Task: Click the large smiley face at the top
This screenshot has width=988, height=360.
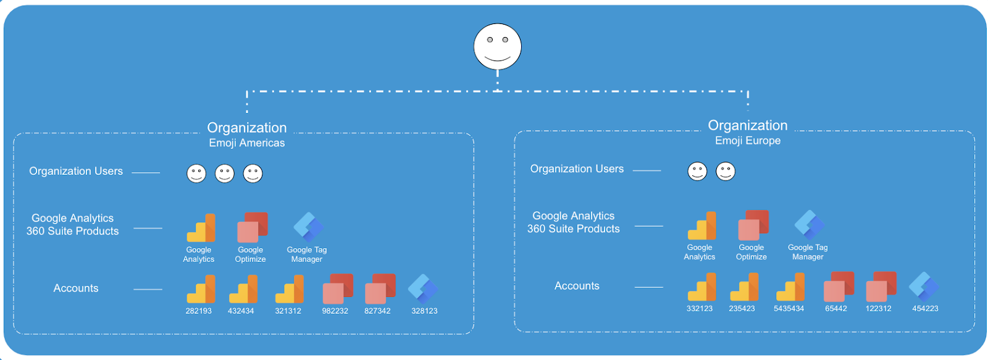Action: point(497,47)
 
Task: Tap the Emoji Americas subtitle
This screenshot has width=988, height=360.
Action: point(247,143)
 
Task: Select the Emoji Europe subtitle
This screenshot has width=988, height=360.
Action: point(747,141)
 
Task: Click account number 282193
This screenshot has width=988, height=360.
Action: point(198,311)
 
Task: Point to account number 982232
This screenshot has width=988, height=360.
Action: point(335,311)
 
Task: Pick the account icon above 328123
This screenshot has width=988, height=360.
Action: point(423,288)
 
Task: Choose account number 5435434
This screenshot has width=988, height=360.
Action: point(789,308)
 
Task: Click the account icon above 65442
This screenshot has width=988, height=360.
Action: point(838,287)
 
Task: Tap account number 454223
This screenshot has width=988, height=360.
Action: point(925,308)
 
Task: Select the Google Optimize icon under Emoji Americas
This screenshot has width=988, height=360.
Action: point(252,228)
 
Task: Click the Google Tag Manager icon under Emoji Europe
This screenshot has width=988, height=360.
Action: point(809,225)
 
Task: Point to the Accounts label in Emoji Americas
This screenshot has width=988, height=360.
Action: point(76,288)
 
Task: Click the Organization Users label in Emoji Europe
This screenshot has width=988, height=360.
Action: point(577,169)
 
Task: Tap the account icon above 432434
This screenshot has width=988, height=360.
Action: point(243,289)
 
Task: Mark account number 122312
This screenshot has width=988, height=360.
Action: point(878,308)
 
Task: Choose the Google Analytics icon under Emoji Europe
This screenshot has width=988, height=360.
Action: point(702,226)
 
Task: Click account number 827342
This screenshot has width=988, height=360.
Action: point(377,311)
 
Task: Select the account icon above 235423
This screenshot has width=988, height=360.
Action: point(744,287)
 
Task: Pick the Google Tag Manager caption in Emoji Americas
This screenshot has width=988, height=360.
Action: point(307,254)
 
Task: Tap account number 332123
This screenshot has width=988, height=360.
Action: point(699,308)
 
